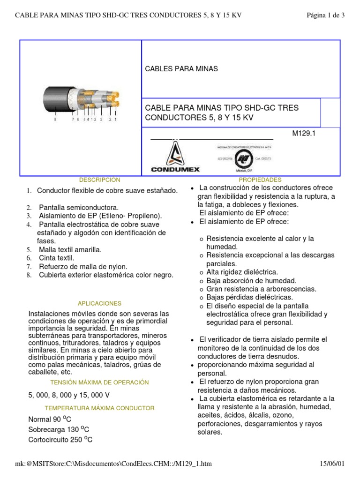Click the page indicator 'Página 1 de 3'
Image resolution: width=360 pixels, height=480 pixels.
tap(325, 15)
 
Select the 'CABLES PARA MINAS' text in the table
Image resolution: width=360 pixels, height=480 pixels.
tap(182, 69)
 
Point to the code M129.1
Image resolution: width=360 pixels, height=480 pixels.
tap(303, 133)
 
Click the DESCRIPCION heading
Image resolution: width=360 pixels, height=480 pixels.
tap(99, 180)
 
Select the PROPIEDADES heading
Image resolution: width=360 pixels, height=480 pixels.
tap(260, 180)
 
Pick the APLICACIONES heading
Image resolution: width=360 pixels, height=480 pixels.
tap(100, 303)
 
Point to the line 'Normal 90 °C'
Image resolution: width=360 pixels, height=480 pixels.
tap(50, 419)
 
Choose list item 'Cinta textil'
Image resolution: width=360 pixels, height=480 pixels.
tap(56, 258)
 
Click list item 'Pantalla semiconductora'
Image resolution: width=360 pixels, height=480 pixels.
tap(79, 207)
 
